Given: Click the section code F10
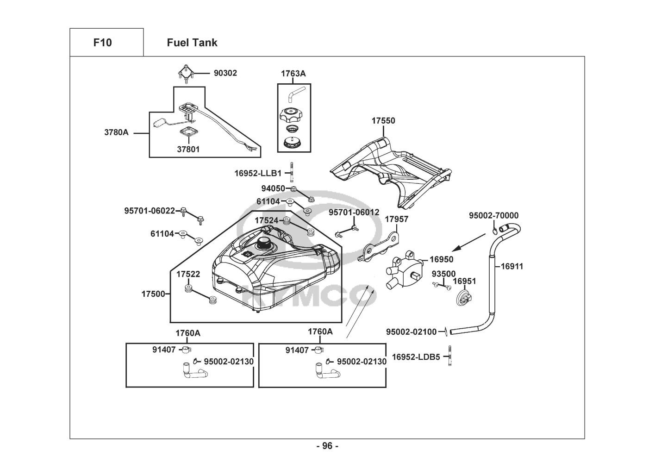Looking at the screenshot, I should click(x=102, y=43).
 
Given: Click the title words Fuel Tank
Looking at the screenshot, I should click(x=192, y=43).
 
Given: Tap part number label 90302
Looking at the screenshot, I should click(x=225, y=73).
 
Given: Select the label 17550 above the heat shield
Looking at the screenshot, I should click(x=383, y=121).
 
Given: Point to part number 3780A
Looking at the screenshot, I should click(x=116, y=132).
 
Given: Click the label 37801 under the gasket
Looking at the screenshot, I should click(x=188, y=149).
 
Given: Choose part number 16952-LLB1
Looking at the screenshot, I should click(x=258, y=173).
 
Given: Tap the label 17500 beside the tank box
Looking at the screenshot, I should click(x=153, y=294).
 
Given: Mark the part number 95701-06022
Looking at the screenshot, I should click(x=150, y=211).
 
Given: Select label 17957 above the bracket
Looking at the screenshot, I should click(x=397, y=219).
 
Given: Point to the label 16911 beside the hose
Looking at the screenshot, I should click(x=512, y=266).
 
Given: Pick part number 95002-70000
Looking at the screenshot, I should click(x=493, y=215).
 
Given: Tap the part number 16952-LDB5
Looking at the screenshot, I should click(x=416, y=357).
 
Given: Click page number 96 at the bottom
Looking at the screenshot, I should click(x=327, y=446).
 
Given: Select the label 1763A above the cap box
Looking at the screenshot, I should click(x=293, y=74).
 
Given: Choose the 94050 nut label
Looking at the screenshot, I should click(x=273, y=188).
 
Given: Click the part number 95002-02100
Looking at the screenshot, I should click(x=411, y=332).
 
